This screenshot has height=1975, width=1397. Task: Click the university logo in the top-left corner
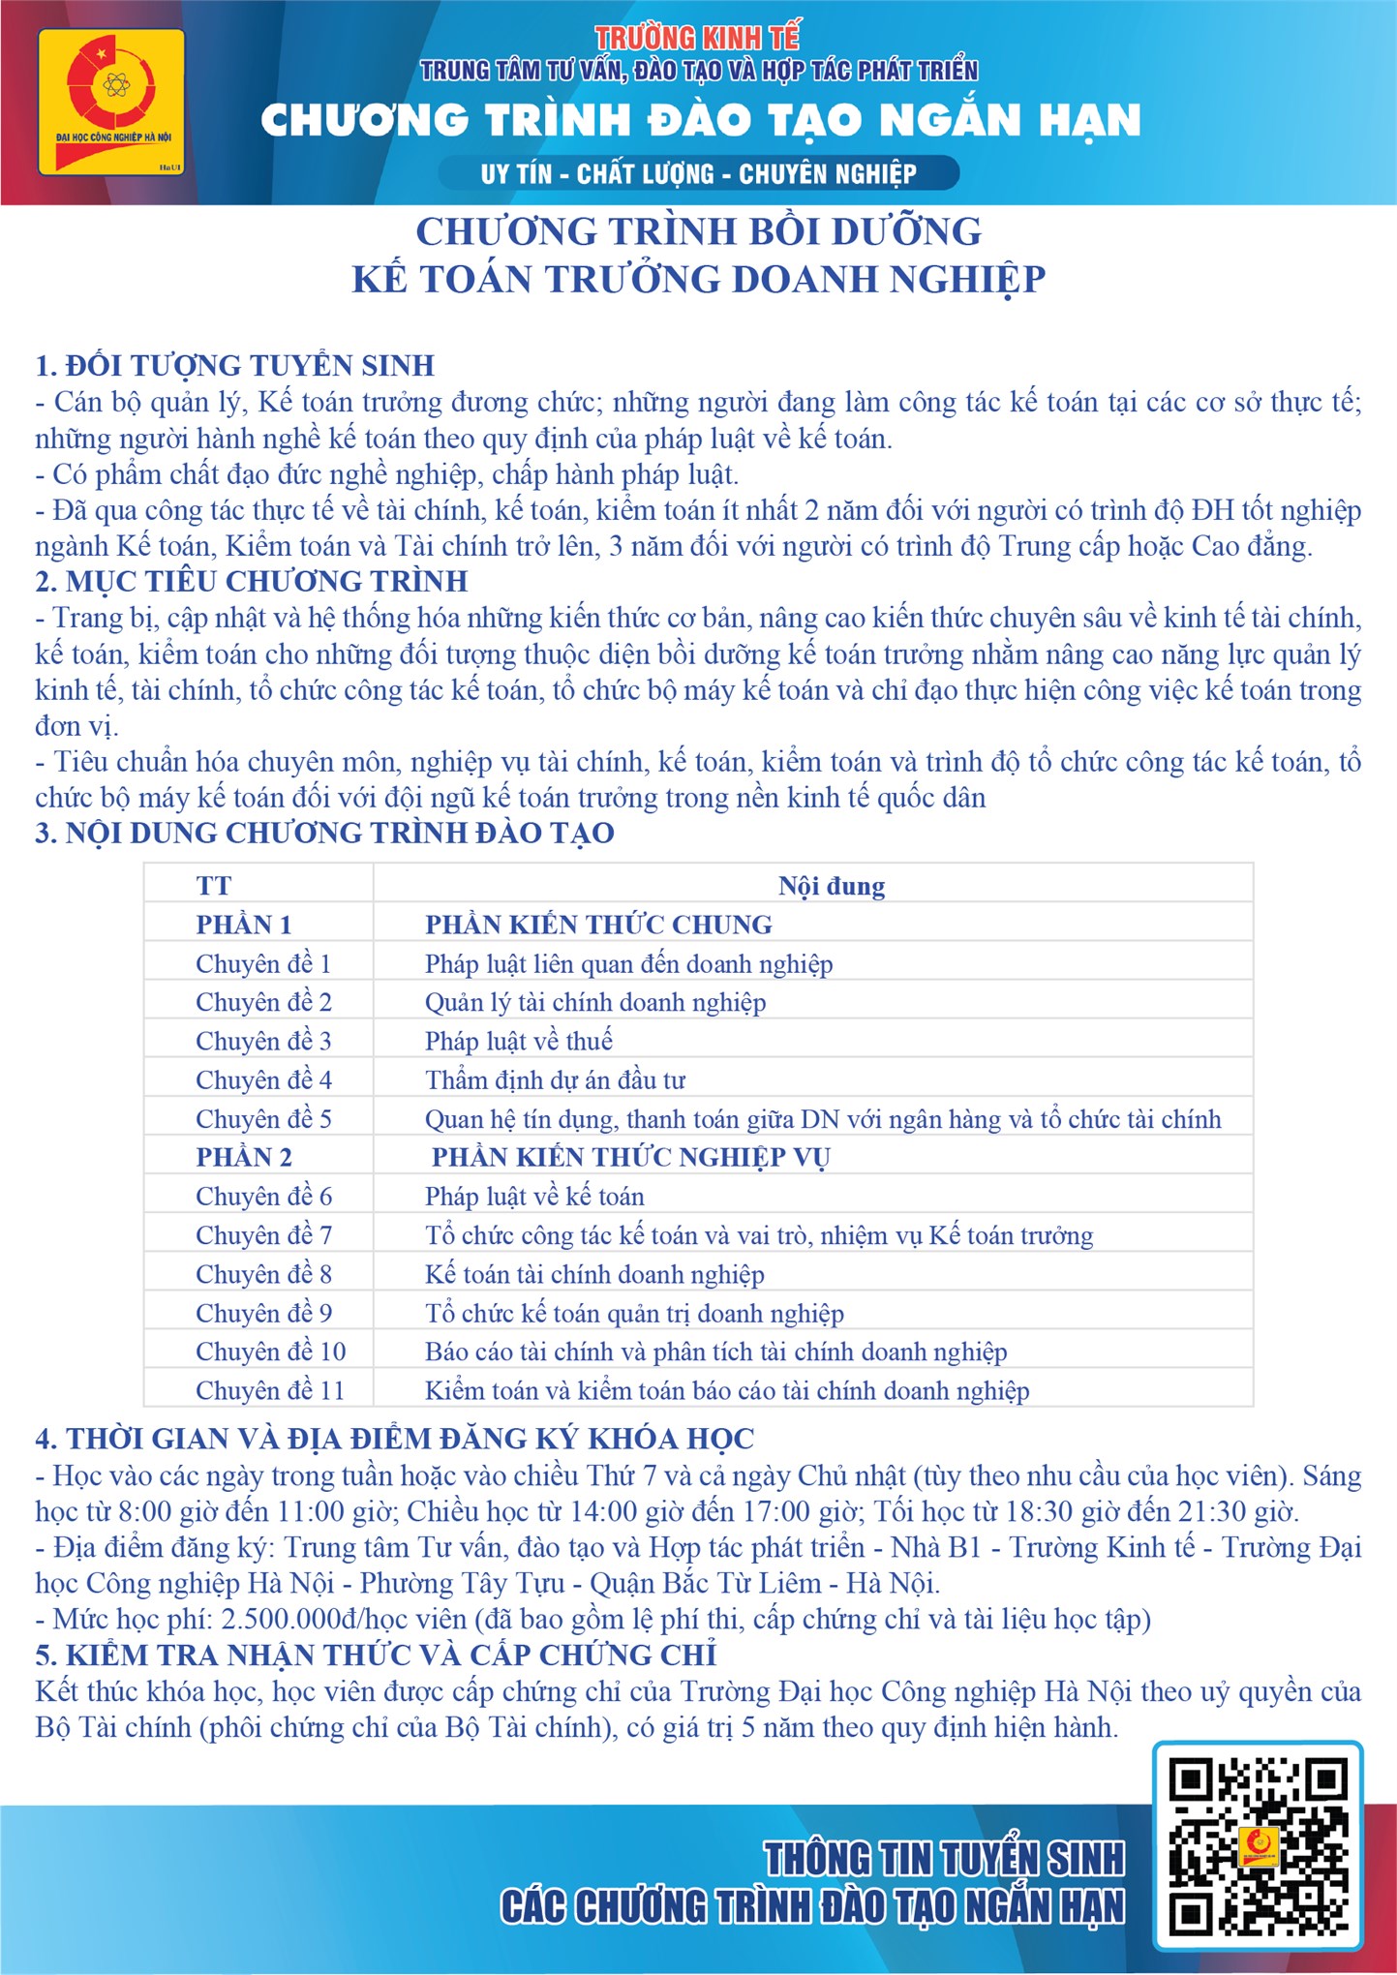coord(111,103)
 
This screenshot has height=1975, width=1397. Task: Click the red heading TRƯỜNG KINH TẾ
coord(697,38)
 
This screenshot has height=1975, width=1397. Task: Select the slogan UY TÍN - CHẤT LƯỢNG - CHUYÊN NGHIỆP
coord(698,174)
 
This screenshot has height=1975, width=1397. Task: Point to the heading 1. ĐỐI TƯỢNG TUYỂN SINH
coord(235,366)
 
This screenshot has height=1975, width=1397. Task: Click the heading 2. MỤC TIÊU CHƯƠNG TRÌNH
coord(252,582)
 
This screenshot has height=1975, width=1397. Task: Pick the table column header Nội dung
coord(832,886)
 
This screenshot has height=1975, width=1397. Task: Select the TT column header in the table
coord(214,886)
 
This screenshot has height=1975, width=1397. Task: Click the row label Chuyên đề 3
coord(263,1041)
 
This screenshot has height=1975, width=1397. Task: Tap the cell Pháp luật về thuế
coord(519,1041)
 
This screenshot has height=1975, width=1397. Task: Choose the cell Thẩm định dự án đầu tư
coord(555,1079)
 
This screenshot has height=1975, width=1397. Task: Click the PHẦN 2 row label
coord(244,1157)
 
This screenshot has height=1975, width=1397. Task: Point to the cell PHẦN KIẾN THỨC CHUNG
coord(598,925)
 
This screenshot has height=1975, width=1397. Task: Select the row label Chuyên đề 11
coord(270,1390)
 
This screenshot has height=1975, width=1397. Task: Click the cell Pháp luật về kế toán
coord(534,1197)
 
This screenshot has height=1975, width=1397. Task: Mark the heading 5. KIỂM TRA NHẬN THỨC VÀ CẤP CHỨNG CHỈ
coord(376,1656)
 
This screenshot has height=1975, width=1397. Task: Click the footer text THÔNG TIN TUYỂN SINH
coord(945,1860)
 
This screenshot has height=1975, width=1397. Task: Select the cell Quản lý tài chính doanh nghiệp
coord(595,1002)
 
